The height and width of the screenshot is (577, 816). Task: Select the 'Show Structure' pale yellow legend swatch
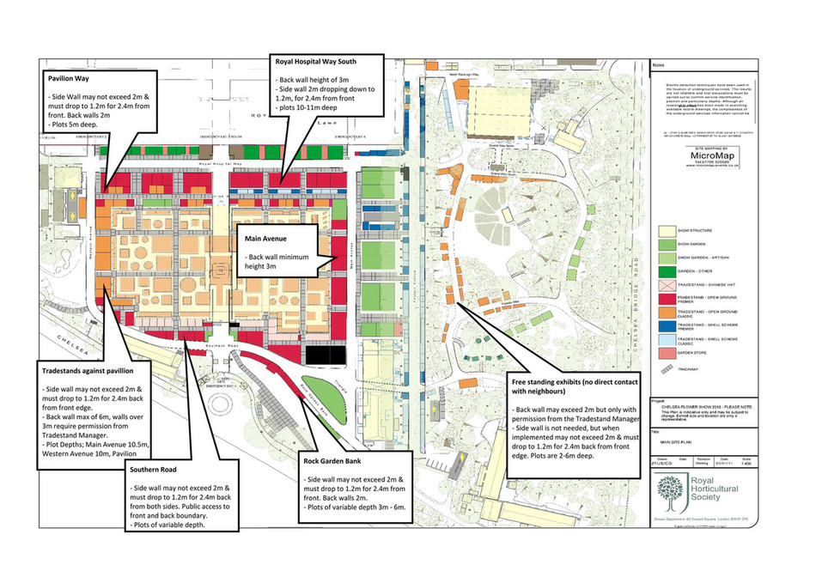tap(667, 231)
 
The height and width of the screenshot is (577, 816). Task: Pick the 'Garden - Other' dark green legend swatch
tap(667, 271)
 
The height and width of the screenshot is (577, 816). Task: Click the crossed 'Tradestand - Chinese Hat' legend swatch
tap(667, 285)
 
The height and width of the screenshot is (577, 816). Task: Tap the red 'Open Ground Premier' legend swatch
tap(667, 299)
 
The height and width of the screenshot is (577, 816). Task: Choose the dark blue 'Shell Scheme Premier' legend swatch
tap(667, 326)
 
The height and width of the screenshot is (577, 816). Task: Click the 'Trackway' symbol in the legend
tap(667, 368)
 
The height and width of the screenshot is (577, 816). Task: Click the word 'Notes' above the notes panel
tap(660, 64)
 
